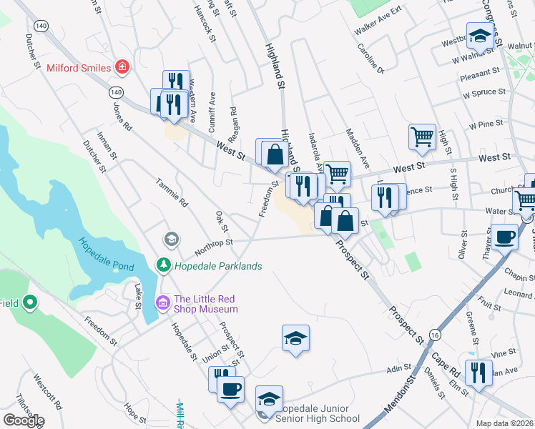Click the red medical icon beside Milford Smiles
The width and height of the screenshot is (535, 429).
(x=123, y=68)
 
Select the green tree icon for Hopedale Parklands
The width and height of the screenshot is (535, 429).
(x=164, y=266)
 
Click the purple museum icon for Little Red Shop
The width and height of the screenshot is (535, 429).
(x=162, y=304)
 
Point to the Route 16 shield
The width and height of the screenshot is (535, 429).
(x=435, y=335)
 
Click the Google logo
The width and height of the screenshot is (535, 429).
(x=24, y=420)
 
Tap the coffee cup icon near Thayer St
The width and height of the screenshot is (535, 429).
(x=504, y=237)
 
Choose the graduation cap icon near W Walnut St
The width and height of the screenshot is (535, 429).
(x=480, y=34)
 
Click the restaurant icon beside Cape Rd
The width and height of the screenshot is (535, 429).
(x=477, y=372)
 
